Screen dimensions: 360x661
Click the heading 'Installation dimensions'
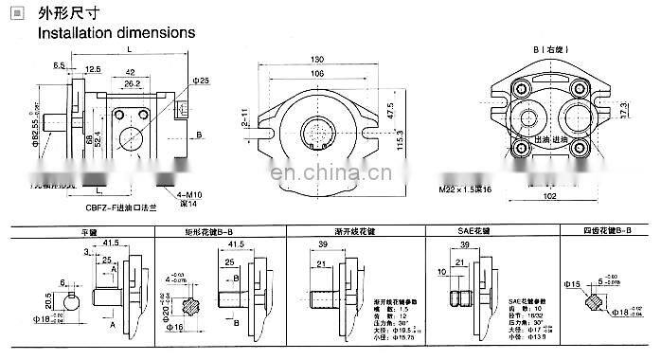116,32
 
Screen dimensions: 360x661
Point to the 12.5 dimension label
93,69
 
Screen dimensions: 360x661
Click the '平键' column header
90,230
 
